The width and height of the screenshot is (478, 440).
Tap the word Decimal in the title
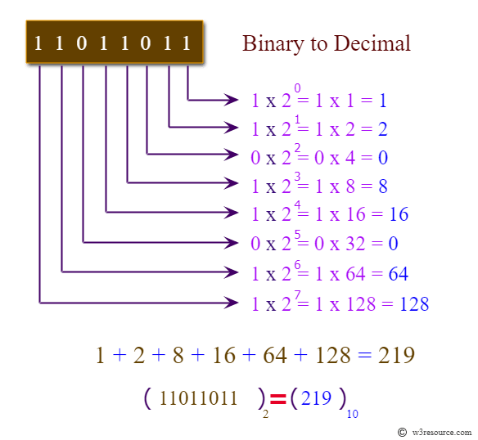coord(372,43)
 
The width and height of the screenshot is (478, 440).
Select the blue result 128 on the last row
coord(414,303)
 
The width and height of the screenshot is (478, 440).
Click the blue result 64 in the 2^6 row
coord(398,274)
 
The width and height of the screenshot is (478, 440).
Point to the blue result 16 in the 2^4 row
coord(399,214)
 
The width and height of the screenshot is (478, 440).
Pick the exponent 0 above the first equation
coord(297,88)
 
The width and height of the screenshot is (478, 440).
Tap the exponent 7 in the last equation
coord(298,294)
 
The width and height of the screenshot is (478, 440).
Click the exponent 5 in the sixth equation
coord(298,235)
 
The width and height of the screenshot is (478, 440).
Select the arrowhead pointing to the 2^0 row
coord(232,100)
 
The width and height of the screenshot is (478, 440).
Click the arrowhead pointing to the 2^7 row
coord(232,303)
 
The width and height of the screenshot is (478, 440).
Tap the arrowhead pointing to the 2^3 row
coord(232,183)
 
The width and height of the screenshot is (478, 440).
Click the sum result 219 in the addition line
coord(396,355)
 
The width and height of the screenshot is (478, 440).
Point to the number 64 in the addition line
coord(275,355)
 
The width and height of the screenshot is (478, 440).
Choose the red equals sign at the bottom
coord(278,399)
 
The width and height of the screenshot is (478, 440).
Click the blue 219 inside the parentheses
coord(316,397)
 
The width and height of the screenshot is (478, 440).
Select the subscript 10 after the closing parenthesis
coord(353,414)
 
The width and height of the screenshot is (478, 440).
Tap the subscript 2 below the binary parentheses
coord(265,414)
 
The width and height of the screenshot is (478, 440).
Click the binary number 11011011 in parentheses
coord(198,398)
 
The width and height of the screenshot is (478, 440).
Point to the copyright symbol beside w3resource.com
coord(402,432)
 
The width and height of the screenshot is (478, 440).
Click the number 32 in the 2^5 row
coord(355,244)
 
